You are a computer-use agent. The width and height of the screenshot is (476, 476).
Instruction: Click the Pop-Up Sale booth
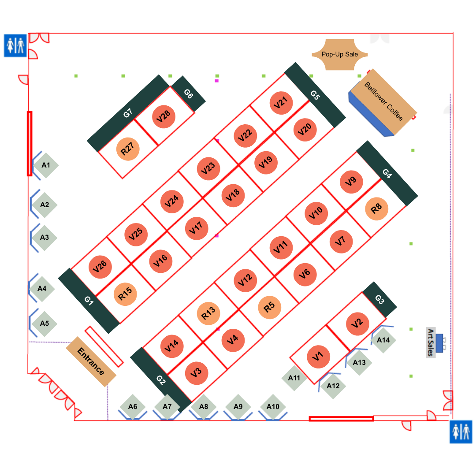[x=340, y=55]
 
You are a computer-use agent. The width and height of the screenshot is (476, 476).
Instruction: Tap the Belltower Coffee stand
[x=383, y=102]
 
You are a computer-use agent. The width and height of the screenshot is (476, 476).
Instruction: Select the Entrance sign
[x=91, y=361]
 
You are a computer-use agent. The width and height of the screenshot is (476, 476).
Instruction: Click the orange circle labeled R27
[x=128, y=149]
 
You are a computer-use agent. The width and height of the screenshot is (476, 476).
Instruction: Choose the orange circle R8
[x=376, y=208]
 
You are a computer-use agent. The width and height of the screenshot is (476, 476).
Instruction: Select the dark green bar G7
[x=128, y=113]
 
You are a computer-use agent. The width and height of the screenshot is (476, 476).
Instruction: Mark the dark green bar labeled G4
[x=387, y=173]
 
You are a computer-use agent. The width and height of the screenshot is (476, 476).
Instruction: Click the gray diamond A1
[x=45, y=165]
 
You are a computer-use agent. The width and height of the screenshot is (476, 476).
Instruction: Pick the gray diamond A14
[x=383, y=340]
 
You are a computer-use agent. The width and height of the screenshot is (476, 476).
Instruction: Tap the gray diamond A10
[x=273, y=406]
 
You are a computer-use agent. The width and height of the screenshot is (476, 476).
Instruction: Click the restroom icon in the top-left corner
[x=15, y=46]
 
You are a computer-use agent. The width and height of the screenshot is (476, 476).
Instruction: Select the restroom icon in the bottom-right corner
[x=461, y=431]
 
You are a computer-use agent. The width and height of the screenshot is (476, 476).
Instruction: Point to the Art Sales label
[x=431, y=342]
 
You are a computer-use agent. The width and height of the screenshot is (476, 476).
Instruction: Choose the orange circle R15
[x=126, y=294]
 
